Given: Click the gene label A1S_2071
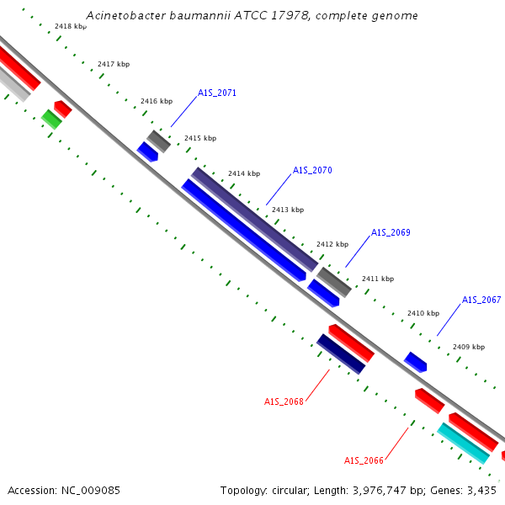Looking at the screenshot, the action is pos(217,93).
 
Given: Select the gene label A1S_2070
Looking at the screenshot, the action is pos(312,170).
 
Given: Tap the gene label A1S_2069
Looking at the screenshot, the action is pos(391,232).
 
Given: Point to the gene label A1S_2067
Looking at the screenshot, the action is pos(481,300).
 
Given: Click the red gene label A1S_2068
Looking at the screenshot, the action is pos(284,401).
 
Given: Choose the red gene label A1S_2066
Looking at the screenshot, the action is pos(364,460).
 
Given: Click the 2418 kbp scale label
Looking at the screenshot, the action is pos(71,26).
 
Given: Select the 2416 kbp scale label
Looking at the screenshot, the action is pos(157,101).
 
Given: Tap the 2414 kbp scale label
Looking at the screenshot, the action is pos(244,173).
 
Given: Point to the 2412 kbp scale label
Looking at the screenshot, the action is pos(332,244).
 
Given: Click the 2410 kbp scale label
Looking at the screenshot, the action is pos(423,313).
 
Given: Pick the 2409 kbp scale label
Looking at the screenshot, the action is pos(469,347).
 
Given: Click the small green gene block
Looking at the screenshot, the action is pos(51,120).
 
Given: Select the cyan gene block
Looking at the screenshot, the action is pos(464,444).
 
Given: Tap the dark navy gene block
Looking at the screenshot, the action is pos(341,354).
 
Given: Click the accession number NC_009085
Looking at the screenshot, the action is pos(91,491).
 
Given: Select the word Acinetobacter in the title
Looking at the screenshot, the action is pos(125,15).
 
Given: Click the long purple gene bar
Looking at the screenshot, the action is pos(254,220).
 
